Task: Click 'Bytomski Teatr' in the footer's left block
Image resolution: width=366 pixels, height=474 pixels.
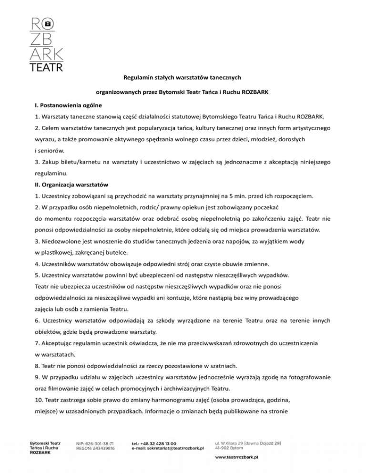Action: tap(45, 443)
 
